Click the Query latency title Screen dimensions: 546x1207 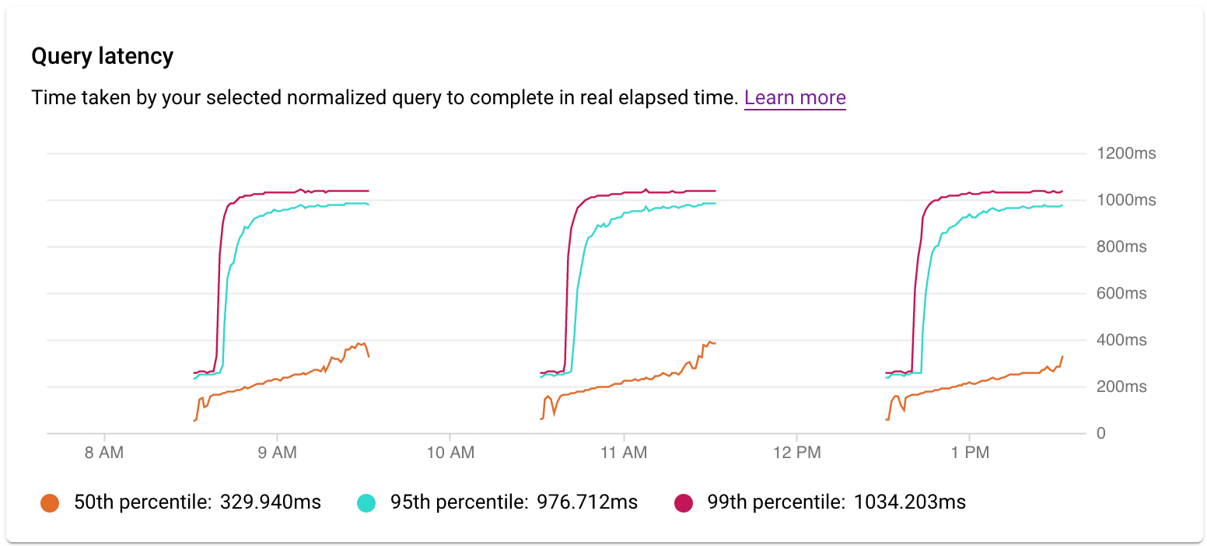coord(102,57)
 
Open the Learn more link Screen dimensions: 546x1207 coord(795,98)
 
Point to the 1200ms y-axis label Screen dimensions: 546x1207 coord(1126,153)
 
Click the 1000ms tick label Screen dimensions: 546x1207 coord(1126,200)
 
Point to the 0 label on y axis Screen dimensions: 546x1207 coord(1100,433)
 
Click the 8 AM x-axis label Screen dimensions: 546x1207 coord(103,453)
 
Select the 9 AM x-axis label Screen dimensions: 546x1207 coord(277,453)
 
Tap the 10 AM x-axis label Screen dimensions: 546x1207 coord(450,453)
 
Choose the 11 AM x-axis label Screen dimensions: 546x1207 coord(623,453)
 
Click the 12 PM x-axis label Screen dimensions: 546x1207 coord(796,453)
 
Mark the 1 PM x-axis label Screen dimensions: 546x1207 coord(969,453)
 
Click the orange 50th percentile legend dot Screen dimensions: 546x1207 coord(50,503)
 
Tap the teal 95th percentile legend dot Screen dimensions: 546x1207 coord(366,503)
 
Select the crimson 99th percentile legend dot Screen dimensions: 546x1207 coord(683,503)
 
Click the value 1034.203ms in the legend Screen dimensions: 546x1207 coord(910,502)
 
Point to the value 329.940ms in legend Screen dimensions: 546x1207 coord(269,502)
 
